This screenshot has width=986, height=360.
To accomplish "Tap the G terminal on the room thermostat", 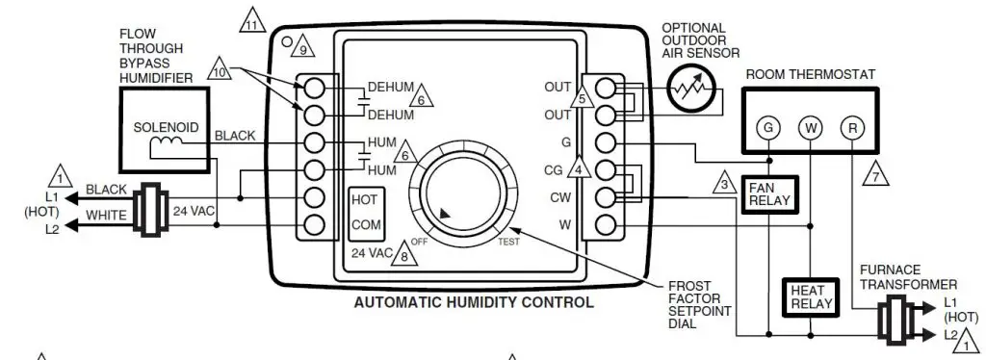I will coord(768,127).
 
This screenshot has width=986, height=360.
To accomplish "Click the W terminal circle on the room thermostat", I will coord(811,127).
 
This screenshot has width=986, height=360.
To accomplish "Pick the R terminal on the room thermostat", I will coord(850,127).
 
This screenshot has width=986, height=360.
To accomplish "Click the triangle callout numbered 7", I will coord(874,174).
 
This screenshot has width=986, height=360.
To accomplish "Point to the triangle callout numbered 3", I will coord(725,181).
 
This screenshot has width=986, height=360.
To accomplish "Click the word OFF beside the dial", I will coord(420,242).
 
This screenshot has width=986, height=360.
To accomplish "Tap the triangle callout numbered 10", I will coord(221,70).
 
